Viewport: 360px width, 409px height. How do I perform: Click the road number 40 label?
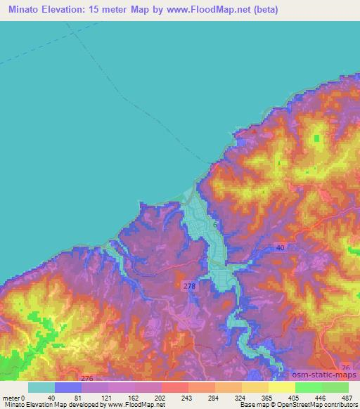click(x=281, y=247)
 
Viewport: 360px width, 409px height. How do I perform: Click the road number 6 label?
click(x=215, y=223)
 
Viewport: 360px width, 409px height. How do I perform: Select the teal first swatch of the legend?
click(x=41, y=387)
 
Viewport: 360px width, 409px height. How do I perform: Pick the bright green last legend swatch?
click(x=335, y=387)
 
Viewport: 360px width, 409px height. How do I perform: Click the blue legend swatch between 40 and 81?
click(x=68, y=387)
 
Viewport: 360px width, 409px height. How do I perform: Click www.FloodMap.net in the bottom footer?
click(x=135, y=404)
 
